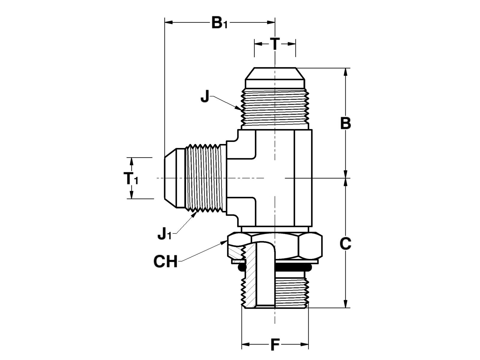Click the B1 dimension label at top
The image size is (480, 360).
[x=219, y=23]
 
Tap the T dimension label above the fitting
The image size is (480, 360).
[x=275, y=44]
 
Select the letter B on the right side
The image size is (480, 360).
[x=345, y=123]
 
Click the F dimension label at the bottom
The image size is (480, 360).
[x=275, y=345]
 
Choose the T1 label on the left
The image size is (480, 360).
[x=131, y=179]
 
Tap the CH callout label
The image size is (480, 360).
[x=165, y=262]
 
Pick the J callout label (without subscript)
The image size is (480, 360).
[x=205, y=97]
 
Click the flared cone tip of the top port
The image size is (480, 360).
[x=275, y=74]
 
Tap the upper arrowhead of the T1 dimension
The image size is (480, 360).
[x=131, y=162]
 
